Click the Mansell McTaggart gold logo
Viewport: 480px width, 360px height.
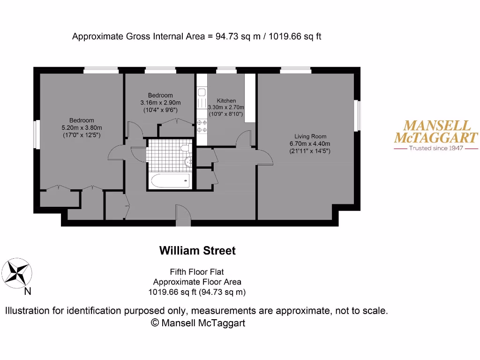point(436,132)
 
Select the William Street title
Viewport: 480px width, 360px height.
point(197,251)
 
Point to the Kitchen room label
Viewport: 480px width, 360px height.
point(226,101)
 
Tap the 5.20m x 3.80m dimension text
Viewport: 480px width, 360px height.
point(82,127)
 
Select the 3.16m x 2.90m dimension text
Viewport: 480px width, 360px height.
point(160,103)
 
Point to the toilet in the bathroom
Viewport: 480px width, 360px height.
point(185,149)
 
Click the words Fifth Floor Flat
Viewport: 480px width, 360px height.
point(197,272)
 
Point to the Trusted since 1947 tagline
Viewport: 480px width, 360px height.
point(436,148)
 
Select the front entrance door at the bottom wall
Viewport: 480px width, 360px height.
point(182,215)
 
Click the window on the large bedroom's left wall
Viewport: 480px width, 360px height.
point(36,135)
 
